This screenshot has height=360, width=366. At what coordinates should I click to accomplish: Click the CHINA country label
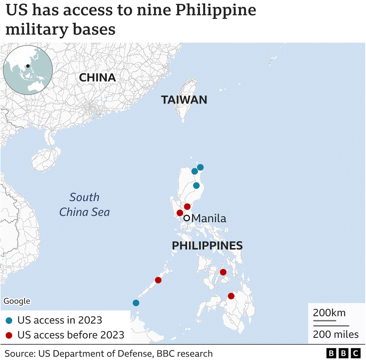[97, 78]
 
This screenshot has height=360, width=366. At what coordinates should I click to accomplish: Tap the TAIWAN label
[184, 100]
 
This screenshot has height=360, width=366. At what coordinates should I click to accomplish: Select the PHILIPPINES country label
[207, 246]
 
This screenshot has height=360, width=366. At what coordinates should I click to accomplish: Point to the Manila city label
[209, 218]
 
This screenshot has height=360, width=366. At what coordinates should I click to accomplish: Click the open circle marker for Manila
[186, 218]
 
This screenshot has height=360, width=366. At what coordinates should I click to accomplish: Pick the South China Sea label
[84, 204]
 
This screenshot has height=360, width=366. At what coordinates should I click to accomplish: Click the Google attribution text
[17, 301]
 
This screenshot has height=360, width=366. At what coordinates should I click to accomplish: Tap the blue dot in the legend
[9, 320]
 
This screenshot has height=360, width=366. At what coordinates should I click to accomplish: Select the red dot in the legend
[9, 335]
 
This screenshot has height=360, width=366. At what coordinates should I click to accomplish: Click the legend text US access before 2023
[71, 335]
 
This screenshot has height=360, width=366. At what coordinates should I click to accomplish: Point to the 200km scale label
[329, 313]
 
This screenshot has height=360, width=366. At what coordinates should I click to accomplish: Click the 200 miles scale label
[336, 334]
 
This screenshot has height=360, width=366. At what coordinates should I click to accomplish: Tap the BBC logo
[343, 353]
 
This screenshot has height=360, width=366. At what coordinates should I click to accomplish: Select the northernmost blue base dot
[200, 167]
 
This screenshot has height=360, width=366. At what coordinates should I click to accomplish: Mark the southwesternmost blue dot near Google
[136, 303]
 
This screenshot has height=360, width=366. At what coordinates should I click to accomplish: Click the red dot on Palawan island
[158, 280]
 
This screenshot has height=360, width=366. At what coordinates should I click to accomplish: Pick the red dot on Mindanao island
[231, 296]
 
